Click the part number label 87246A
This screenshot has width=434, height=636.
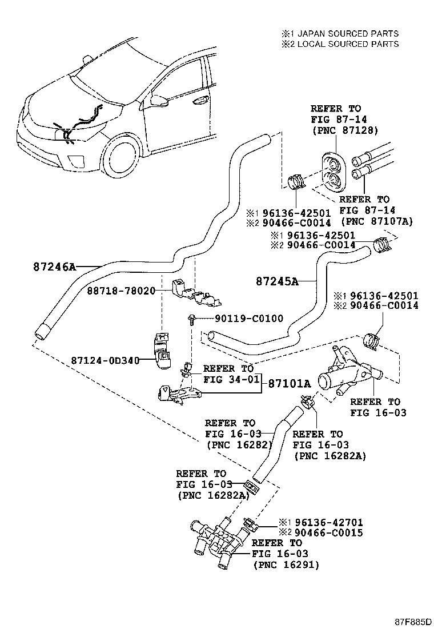tap(54, 266)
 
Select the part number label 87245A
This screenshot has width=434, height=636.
tap(277, 281)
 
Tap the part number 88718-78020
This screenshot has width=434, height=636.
tap(121, 291)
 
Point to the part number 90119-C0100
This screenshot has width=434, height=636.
tap(249, 319)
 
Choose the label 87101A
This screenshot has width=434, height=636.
tap(290, 383)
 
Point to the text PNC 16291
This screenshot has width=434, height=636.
tap(286, 565)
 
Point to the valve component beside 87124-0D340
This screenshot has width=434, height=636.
tap(162, 348)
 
